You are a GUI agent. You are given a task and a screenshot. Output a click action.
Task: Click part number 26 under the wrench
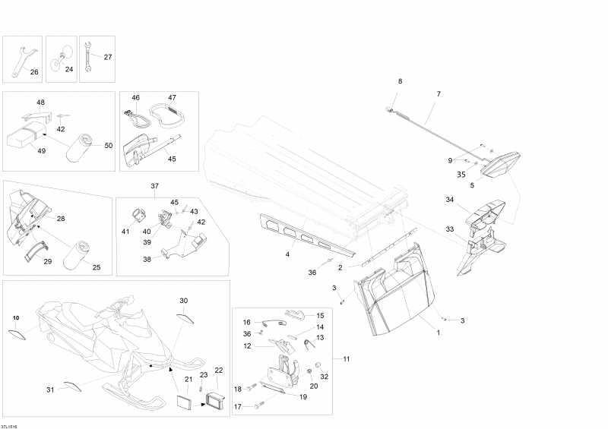33,72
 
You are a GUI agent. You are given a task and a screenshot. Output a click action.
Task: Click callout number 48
41,102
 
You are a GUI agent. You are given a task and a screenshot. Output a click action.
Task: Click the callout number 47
173,98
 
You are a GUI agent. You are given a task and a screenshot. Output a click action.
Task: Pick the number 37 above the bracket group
155,186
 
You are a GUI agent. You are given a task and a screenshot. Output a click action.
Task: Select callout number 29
47,261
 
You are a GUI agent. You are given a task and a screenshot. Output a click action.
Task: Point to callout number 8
401,80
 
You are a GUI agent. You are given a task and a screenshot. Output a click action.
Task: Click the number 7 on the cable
438,94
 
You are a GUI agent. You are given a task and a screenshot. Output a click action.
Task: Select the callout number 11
346,358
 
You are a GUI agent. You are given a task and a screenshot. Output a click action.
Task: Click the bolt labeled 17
256,407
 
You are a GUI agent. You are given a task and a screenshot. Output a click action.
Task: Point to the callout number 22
219,371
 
